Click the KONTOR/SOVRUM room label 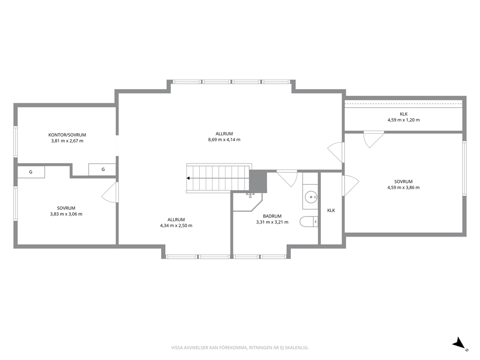coord(67,135)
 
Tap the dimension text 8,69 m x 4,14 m coord(224,139)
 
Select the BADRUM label coord(272,216)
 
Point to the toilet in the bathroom coord(309,222)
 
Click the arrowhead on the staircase coord(188,178)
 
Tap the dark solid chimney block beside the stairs coord(258,181)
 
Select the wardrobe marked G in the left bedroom coord(31,172)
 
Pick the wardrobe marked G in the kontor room coord(102,169)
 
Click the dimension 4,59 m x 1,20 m coord(404,120)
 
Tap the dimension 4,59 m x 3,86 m coord(404,188)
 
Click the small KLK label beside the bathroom coord(331,210)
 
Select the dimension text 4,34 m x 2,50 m coord(176,225)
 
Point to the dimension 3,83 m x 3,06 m coord(66,214)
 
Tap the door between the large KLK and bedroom coord(374,139)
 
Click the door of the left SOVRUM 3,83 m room coord(110,192)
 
